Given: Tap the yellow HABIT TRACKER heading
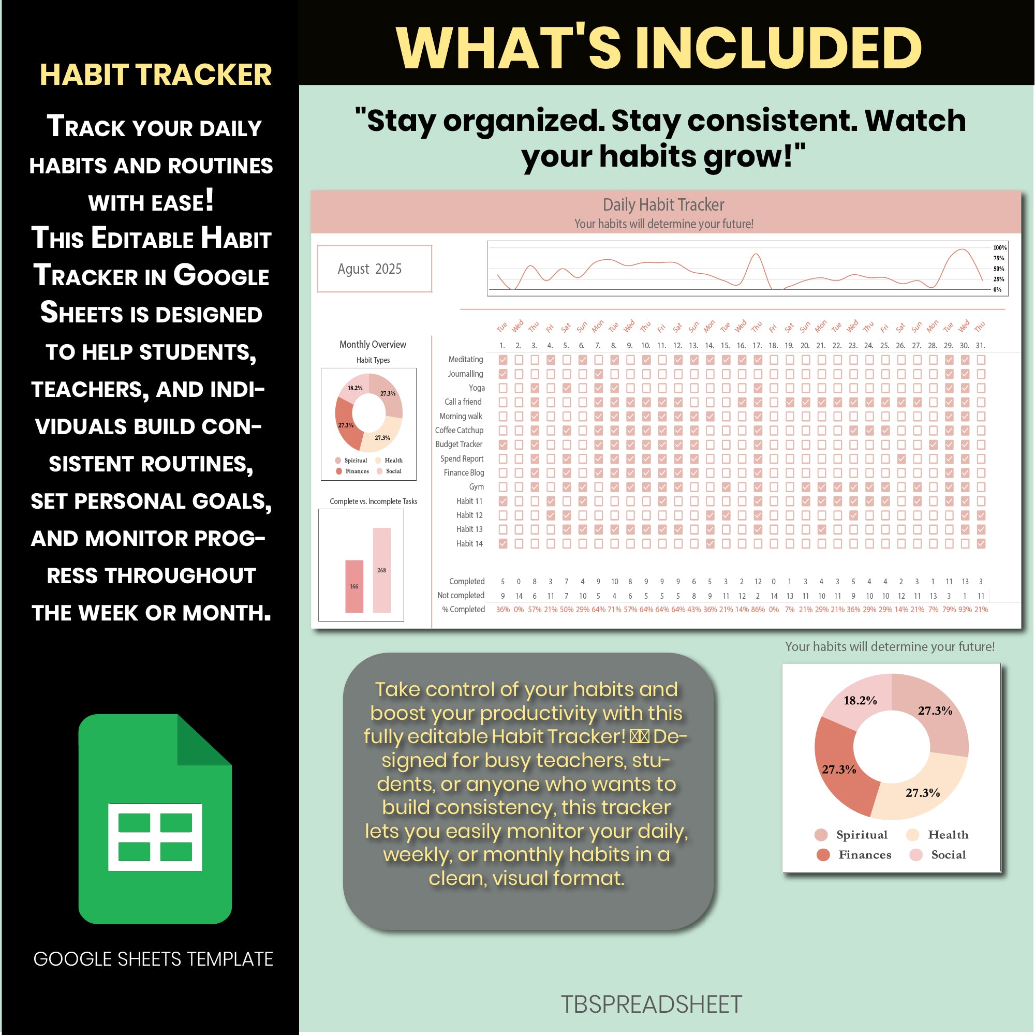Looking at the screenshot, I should (x=155, y=75).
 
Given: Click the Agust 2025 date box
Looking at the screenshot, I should (x=375, y=269).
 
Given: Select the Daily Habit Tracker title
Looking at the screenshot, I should (x=663, y=204).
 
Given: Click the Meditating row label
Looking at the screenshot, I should (x=466, y=360).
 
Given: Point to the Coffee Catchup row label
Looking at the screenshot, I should (x=459, y=430).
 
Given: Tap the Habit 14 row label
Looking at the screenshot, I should (x=469, y=543).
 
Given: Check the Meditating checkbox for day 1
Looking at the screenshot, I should (x=502, y=360).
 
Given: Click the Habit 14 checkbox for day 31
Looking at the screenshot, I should (x=981, y=543).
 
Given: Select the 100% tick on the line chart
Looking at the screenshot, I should (x=1000, y=247).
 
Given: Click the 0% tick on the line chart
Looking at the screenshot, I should (x=997, y=290).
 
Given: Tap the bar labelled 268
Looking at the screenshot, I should (x=381, y=570).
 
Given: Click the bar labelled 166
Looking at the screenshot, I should (x=354, y=586).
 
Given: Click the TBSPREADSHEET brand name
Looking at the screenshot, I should (x=652, y=1004).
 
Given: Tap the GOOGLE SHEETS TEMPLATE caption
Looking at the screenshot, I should (x=153, y=959).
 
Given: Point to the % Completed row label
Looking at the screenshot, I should (x=463, y=610).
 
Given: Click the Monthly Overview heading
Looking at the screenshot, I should (x=372, y=345).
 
